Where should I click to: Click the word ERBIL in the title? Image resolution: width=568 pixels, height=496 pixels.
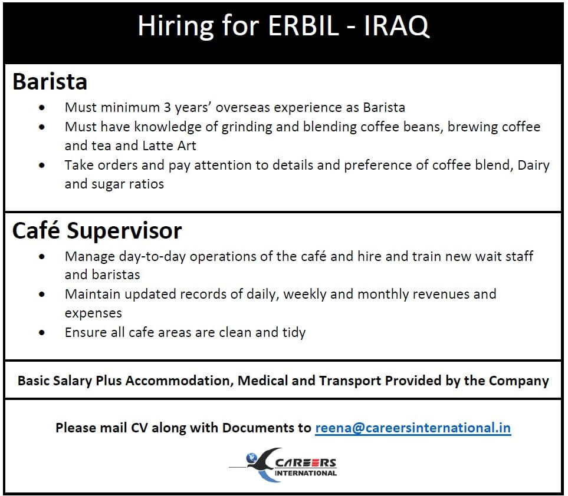click(x=304, y=26)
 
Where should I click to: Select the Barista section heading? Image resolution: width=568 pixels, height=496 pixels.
click(x=50, y=81)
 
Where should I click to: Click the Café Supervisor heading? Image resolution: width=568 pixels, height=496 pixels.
click(x=97, y=230)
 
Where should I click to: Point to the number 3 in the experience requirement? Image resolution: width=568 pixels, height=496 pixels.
click(x=167, y=107)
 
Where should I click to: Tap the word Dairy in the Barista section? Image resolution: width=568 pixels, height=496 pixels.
click(x=534, y=166)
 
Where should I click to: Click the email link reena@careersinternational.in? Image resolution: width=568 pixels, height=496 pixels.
click(x=413, y=428)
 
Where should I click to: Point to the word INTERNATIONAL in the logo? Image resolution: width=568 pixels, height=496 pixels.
click(x=306, y=473)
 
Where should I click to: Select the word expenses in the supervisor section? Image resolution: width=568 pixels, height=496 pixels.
click(x=93, y=313)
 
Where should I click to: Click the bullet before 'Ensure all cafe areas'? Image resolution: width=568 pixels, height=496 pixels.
click(x=42, y=332)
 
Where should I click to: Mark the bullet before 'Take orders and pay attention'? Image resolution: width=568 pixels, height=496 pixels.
click(x=42, y=166)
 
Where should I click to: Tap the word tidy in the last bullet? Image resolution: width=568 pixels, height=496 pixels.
click(x=294, y=332)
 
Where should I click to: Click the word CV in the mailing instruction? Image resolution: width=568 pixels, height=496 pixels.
click(x=139, y=428)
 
